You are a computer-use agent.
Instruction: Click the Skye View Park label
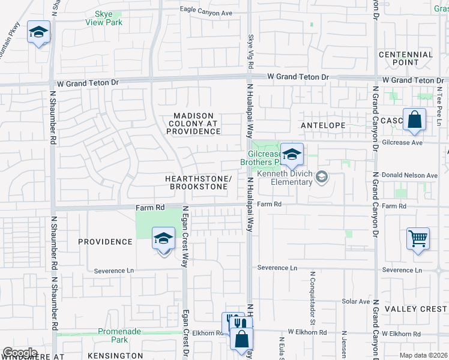[109, 18]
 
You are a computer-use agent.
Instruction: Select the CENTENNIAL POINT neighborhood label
[406, 58]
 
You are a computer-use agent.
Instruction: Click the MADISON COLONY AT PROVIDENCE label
[194, 123]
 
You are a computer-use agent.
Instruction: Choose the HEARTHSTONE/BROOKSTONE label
[198, 183]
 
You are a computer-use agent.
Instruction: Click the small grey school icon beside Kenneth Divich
[322, 176]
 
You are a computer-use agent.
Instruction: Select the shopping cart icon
[418, 239]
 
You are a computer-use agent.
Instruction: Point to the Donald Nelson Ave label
[410, 175]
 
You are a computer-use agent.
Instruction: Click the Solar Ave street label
[356, 301]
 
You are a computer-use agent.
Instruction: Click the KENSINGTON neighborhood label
[115, 356]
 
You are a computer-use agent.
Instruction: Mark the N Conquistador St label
[313, 291]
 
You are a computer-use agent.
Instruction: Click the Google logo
[20, 353]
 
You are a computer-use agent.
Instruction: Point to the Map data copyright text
[423, 355]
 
